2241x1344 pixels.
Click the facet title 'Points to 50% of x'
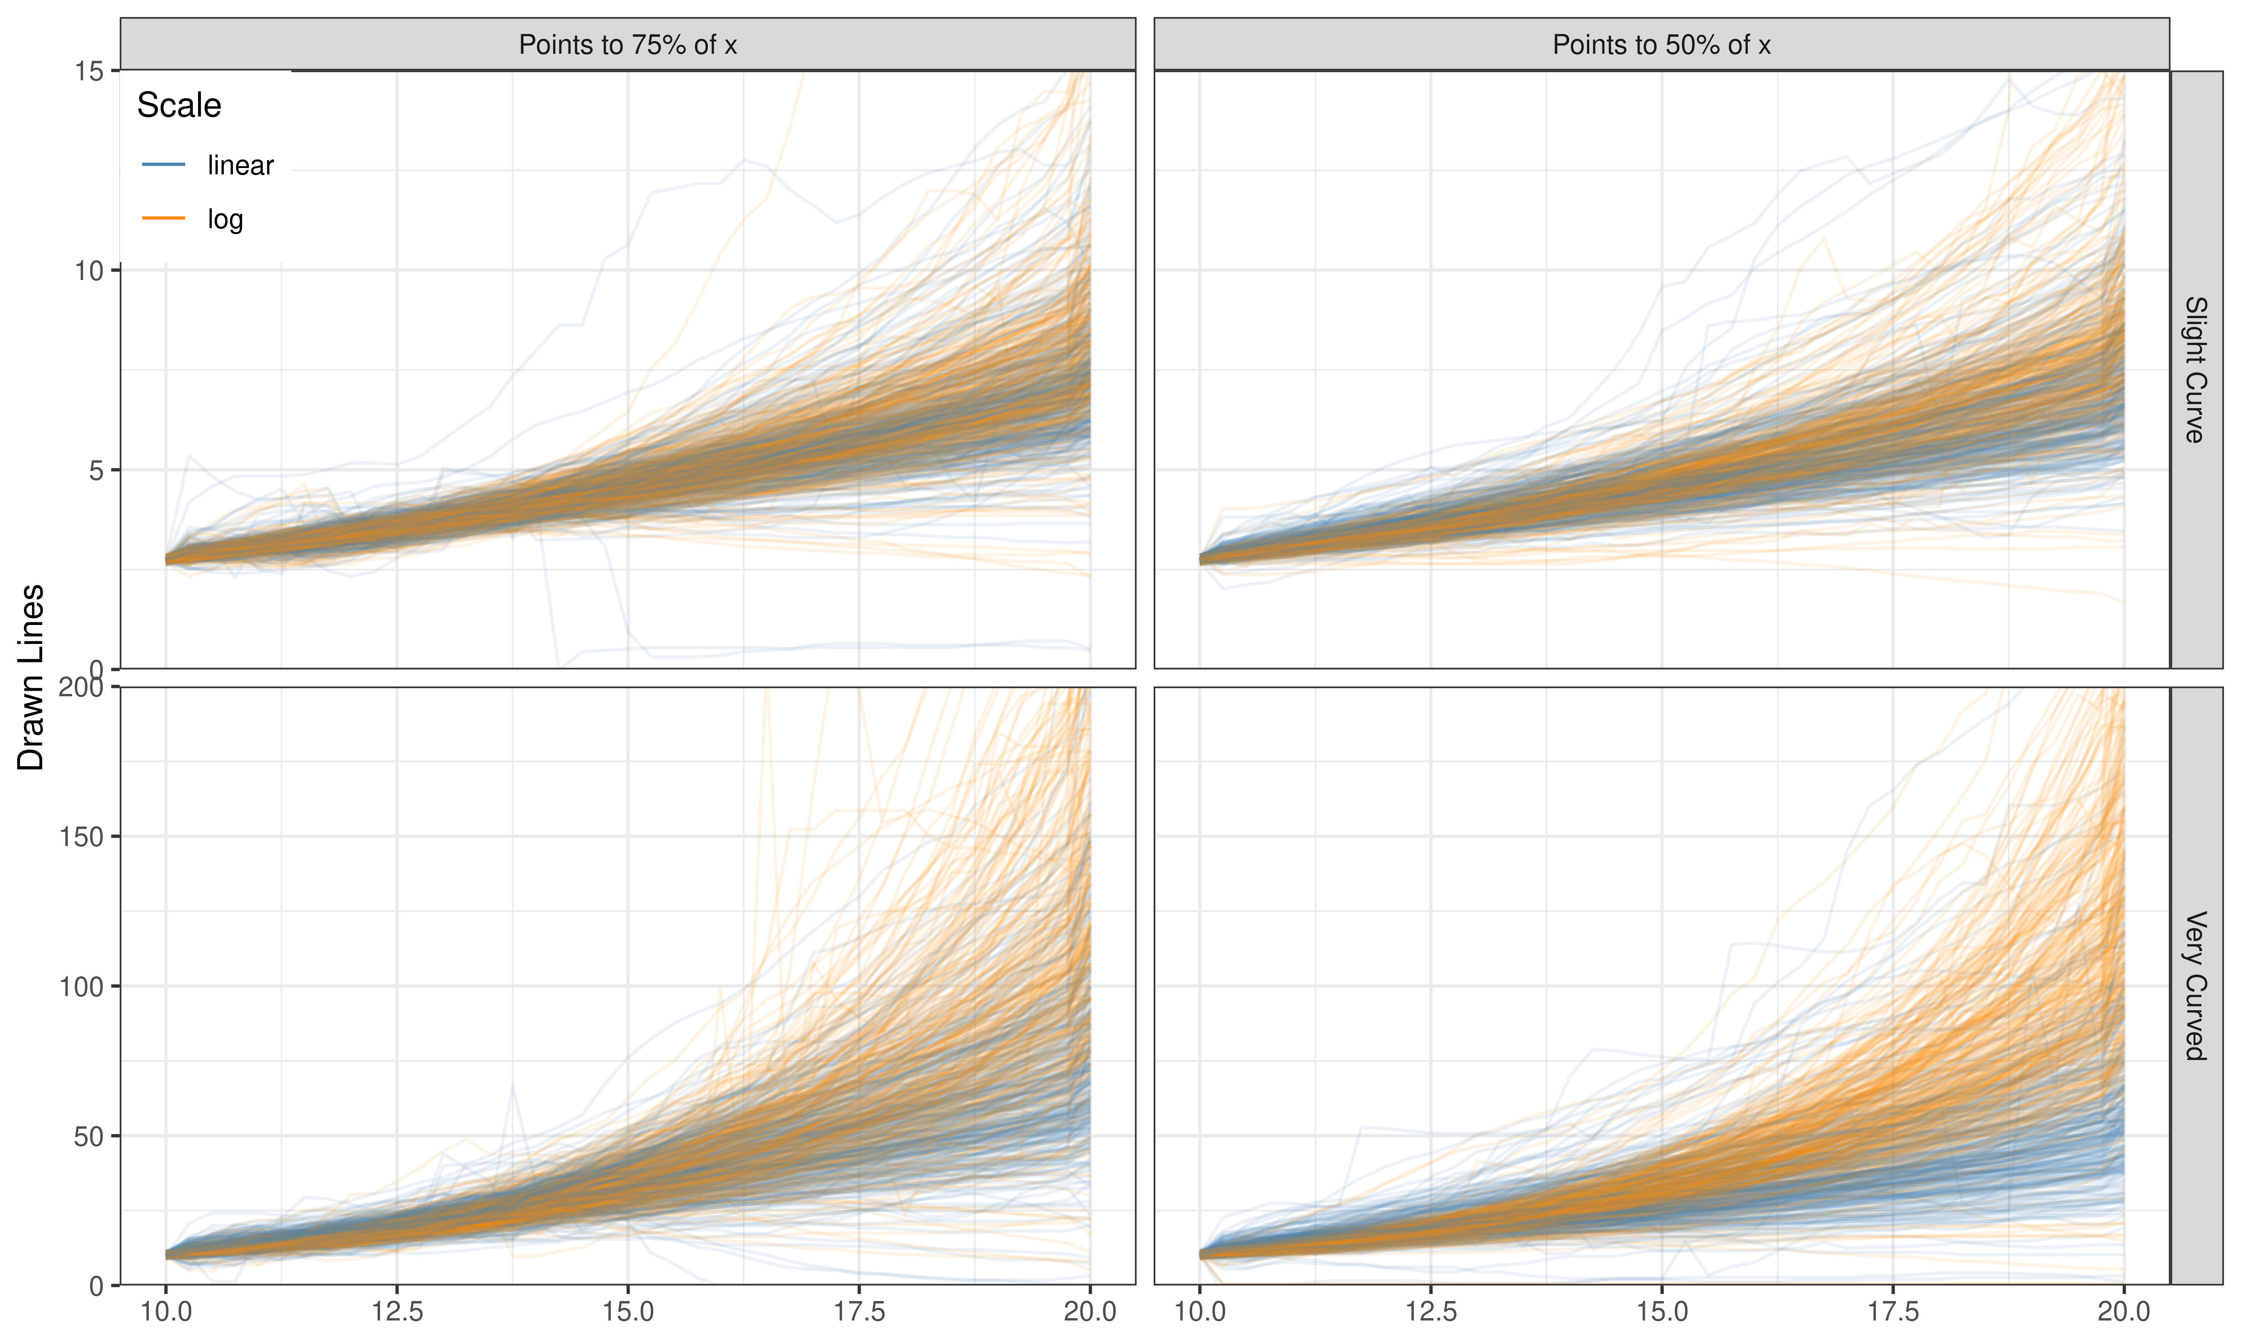1661,44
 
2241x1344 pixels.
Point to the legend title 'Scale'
179,105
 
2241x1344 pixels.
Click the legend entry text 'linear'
240,165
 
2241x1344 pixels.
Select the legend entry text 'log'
224,219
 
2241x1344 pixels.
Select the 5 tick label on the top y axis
96,470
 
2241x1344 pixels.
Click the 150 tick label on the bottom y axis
81,837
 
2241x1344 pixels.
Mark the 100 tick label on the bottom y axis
81,986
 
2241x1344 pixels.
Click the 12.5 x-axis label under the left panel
397,1310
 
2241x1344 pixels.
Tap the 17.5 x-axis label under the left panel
859,1310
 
